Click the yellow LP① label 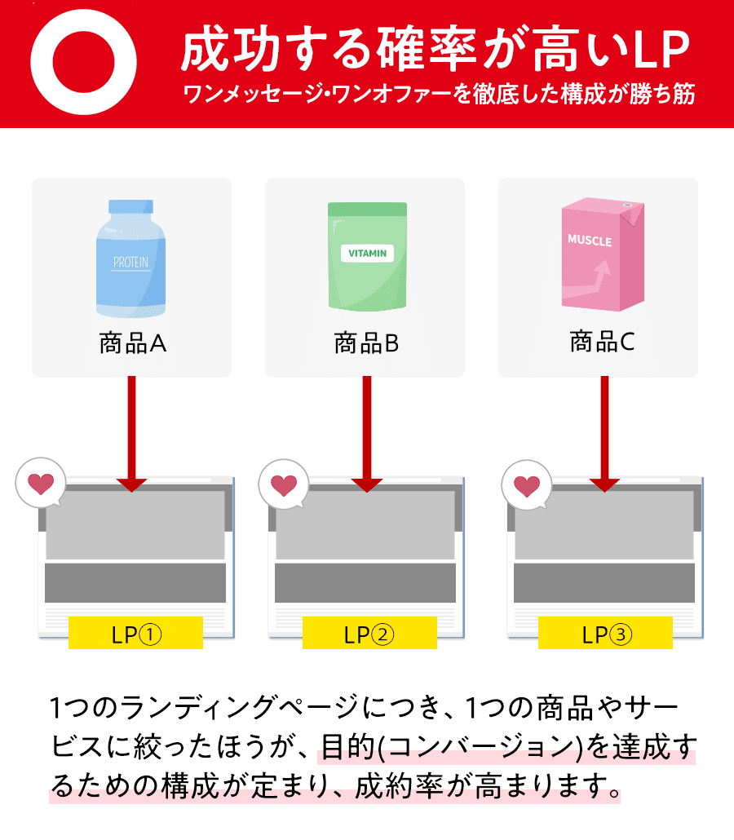tap(135, 633)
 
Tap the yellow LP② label tap(369, 633)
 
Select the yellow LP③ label tap(605, 633)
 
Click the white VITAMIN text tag tap(367, 254)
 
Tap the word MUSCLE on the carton tap(589, 241)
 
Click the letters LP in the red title tap(662, 51)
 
